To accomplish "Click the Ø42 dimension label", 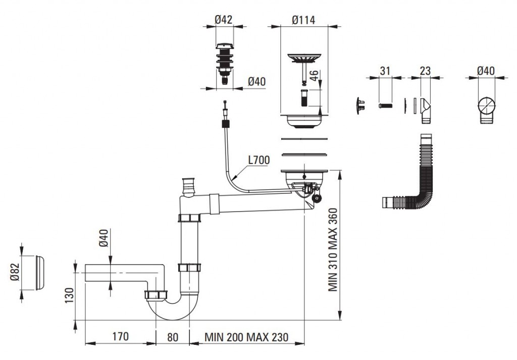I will (223, 20).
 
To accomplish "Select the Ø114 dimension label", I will (303, 20).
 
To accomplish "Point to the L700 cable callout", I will (258, 161).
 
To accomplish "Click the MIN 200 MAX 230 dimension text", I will (246, 337).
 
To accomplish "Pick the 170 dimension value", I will (120, 336).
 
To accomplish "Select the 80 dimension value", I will (173, 336).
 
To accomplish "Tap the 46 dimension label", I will (314, 77).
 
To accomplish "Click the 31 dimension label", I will (385, 71).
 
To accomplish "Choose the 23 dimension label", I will (425, 71).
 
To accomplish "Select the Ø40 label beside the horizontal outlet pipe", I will (104, 237).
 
